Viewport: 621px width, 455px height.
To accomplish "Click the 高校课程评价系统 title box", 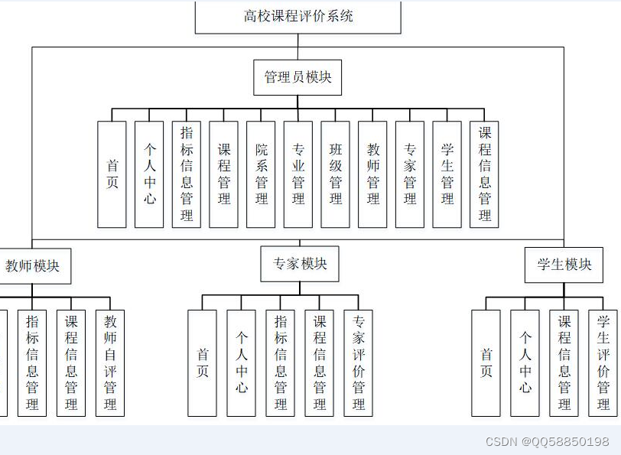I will [x=298, y=17].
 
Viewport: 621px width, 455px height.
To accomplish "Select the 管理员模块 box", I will [x=297, y=77].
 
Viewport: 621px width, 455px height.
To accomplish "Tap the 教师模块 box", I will [x=32, y=266].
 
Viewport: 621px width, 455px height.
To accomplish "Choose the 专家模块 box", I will [x=300, y=264].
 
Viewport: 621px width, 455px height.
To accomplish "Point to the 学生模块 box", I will [x=564, y=265].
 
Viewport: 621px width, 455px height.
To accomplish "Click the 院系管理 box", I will [x=262, y=174].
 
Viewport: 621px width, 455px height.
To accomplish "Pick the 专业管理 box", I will [x=298, y=174].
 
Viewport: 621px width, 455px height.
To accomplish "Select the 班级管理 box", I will [x=336, y=174].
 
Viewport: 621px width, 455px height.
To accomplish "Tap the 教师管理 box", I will [x=373, y=174].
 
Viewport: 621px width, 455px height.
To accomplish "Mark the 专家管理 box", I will [x=410, y=174].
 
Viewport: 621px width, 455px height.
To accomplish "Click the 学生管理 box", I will [x=447, y=174].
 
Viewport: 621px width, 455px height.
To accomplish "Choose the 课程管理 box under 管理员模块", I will [x=224, y=174].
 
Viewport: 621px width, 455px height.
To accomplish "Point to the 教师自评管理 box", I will [x=110, y=363].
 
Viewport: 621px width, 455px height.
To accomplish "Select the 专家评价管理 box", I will [x=359, y=363].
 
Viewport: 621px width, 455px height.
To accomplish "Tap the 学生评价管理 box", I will [x=603, y=363].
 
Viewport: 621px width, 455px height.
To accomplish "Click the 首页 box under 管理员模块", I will [x=112, y=174].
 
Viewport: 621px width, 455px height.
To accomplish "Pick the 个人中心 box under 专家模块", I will [x=242, y=363].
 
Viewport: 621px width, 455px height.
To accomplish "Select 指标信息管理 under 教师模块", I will [x=32, y=363].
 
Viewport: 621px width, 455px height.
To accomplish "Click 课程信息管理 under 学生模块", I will [x=564, y=363].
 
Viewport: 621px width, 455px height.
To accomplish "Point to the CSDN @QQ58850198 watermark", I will [x=548, y=442].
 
